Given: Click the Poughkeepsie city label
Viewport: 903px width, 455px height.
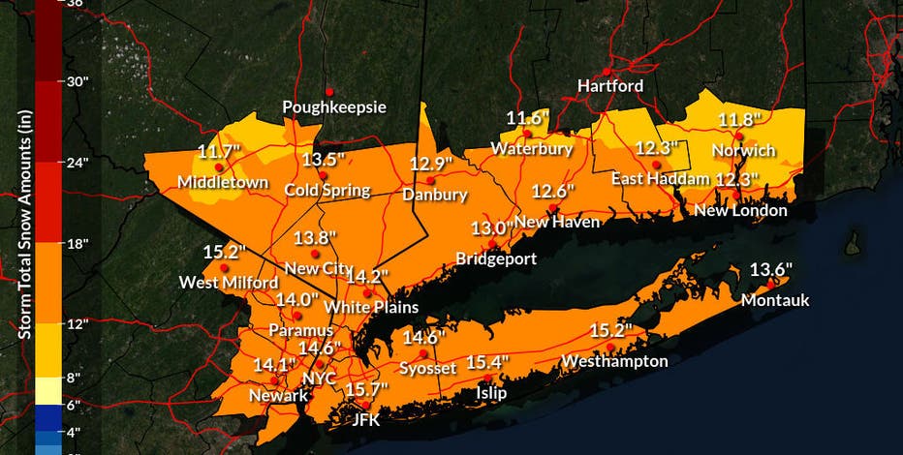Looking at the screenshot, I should coord(333,106).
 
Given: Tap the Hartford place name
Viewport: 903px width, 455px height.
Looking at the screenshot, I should coord(609,85).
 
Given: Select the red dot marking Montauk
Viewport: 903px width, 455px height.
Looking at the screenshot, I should coord(771,283).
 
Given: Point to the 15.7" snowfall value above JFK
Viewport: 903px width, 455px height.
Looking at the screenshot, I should coord(366,389).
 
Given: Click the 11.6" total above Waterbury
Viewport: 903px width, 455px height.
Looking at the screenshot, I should coord(528,118).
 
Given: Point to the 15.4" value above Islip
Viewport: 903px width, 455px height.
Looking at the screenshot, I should coord(487,362).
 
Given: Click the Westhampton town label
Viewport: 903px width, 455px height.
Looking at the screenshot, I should coord(614,361).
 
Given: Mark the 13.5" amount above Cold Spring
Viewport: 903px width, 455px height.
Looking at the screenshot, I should coord(324,159).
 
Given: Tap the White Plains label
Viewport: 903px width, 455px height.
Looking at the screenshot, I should coord(370,307).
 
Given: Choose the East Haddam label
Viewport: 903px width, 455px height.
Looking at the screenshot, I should coord(656,179).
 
